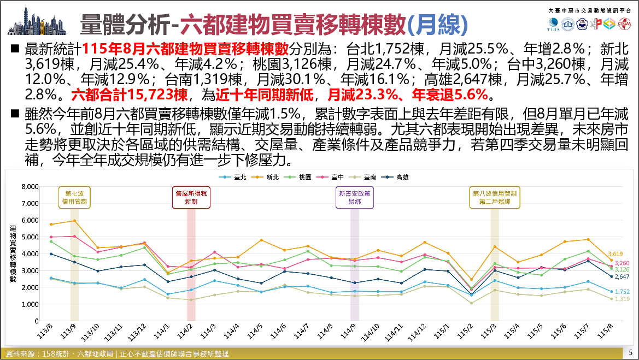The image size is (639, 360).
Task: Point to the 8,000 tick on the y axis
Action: coord(30,187)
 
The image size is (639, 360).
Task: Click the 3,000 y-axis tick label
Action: coord(30,271)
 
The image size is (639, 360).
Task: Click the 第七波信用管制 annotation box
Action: coord(74,198)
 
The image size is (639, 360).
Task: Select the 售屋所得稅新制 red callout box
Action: coord(191,198)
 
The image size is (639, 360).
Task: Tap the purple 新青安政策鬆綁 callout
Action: coord(355,198)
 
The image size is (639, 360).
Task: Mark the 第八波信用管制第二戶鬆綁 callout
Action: coord(495,198)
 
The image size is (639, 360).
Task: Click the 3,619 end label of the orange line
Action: coord(615,253)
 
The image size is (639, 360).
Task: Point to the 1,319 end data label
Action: coord(622,299)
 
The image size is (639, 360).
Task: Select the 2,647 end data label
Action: coord(622,276)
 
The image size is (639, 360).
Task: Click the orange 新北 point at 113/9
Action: coord(74,221)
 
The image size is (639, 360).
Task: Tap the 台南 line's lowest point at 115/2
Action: coord(471,303)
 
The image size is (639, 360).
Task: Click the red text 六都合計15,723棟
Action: coord(129,95)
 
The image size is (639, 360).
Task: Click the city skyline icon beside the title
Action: coord(37,20)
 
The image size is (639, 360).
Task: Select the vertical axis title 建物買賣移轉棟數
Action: coord(13,253)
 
